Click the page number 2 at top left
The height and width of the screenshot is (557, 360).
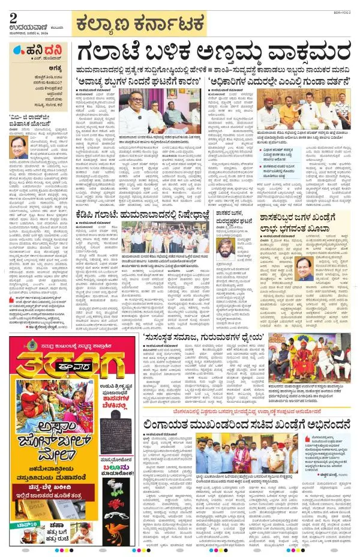click(x=13, y=19)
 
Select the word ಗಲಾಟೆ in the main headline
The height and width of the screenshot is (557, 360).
click(x=117, y=55)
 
